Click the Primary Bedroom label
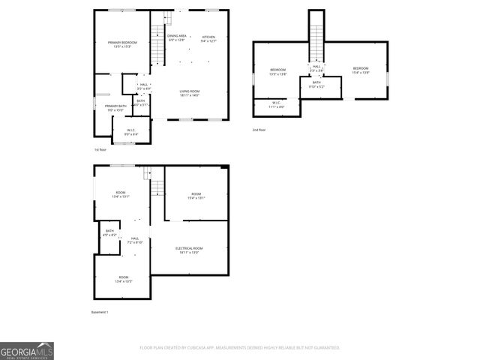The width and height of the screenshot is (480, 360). (x=120, y=45)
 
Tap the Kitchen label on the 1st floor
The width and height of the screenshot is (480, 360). (x=208, y=39)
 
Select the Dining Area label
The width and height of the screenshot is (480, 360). (x=177, y=38)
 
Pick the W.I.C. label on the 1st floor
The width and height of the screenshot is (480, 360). (x=131, y=133)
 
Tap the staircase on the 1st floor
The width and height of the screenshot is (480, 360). (x=157, y=34)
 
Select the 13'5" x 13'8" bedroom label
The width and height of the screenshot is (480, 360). (x=278, y=72)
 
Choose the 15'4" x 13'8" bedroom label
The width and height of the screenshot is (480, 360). (x=361, y=71)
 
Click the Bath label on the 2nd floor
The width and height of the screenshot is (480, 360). (x=316, y=85)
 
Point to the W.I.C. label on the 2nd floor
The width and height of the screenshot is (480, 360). (x=276, y=105)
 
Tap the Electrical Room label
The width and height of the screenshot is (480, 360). (x=189, y=250)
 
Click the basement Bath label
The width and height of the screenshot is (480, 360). (x=110, y=232)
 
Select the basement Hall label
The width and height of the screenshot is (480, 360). (x=135, y=241)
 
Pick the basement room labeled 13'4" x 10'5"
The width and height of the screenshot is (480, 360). (x=123, y=279)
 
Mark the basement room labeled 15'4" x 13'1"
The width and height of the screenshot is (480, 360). (x=195, y=196)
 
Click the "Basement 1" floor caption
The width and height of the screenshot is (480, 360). (x=100, y=312)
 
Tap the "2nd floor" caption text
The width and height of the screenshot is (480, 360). (x=259, y=130)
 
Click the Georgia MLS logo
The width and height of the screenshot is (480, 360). (x=27, y=350)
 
